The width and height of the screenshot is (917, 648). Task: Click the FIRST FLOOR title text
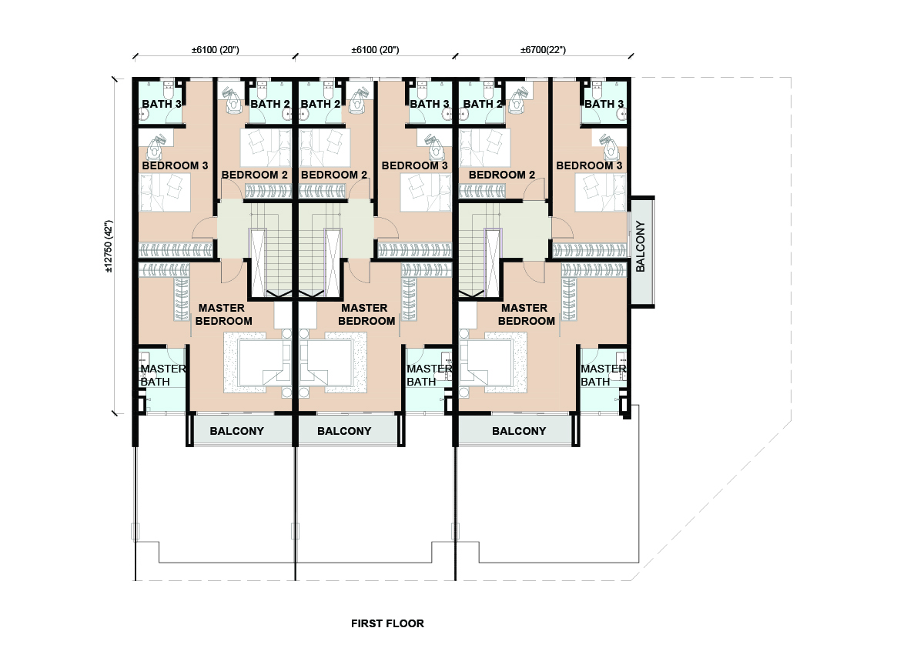[387, 623]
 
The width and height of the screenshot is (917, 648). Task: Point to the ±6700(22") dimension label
[544, 50]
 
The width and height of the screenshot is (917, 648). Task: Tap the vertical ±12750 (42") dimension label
[109, 246]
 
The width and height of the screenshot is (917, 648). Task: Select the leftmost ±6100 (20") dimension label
[216, 50]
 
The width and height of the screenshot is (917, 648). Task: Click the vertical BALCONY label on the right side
[641, 246]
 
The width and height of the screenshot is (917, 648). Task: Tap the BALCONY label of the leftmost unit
[237, 431]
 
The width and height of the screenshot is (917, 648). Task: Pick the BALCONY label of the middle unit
[344, 431]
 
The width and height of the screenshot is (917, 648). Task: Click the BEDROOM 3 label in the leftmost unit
[175, 165]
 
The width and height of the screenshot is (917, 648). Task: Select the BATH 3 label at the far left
[162, 104]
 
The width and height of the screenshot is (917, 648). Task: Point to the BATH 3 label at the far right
[604, 104]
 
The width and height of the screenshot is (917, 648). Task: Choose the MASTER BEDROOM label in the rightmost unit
[526, 314]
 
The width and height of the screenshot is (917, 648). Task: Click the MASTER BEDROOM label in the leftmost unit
[223, 314]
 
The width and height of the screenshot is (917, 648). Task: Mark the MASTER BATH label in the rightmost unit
[603, 375]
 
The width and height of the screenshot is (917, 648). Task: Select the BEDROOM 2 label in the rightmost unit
[502, 175]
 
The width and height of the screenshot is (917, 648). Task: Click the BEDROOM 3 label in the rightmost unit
[589, 165]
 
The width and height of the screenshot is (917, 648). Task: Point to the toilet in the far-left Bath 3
[169, 91]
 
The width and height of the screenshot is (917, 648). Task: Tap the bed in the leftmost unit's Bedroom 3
[165, 192]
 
